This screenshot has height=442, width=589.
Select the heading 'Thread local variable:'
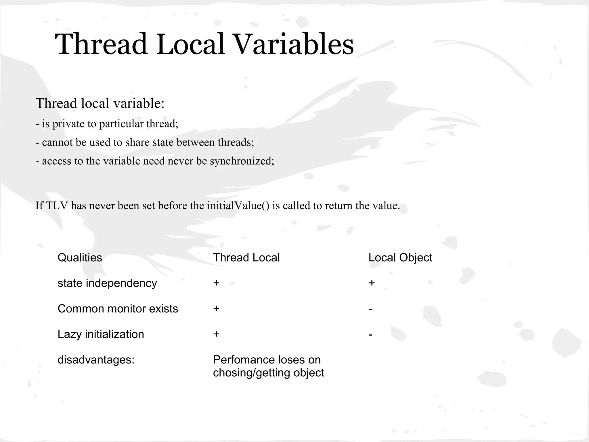click(100, 103)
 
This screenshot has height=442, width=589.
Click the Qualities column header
click(80, 258)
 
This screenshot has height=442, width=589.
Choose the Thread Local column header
click(246, 258)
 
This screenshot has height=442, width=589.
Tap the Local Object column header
click(400, 258)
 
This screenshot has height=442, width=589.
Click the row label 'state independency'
click(107, 283)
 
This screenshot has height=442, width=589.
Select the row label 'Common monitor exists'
click(118, 309)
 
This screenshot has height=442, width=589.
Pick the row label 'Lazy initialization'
click(101, 334)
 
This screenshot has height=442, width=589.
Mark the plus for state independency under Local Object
click(372, 283)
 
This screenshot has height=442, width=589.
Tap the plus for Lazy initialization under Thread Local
click(216, 334)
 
